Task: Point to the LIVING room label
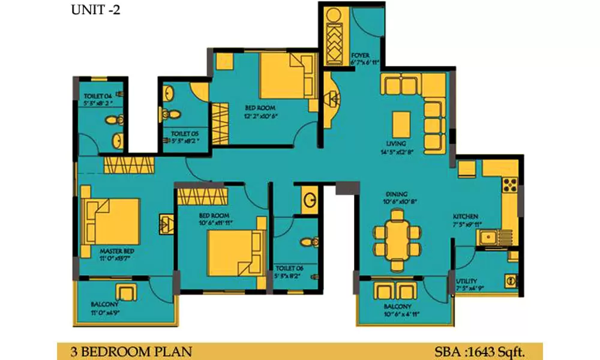pos(397,144)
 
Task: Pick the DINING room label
pos(397,194)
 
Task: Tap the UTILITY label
pos(466,280)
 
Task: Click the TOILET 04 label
pos(98,95)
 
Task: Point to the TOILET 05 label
pos(184,133)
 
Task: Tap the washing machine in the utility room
pos(511,280)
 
